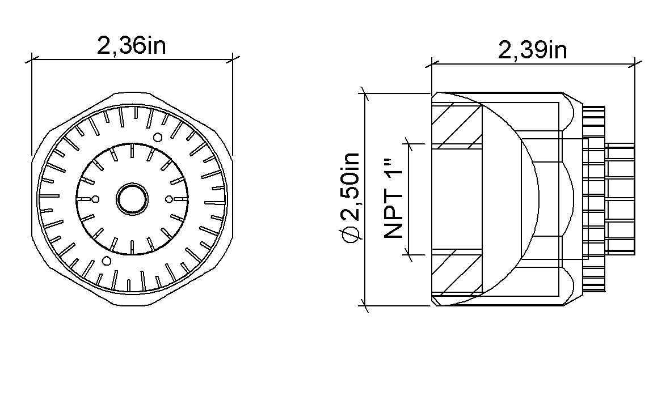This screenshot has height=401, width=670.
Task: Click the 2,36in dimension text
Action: pos(131,46)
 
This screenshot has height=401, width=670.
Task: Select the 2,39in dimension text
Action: pos(532,50)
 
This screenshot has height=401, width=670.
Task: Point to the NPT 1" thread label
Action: pos(394,199)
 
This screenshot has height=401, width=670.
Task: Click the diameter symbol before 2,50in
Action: pos(353,234)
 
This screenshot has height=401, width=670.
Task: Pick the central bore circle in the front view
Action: pos(132,199)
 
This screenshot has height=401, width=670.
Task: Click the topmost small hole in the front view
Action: pos(158,138)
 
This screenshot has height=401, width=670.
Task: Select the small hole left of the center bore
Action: pos(95,199)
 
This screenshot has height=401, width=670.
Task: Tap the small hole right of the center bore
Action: pos(169,199)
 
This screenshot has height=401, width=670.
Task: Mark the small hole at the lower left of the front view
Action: pos(107,261)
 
